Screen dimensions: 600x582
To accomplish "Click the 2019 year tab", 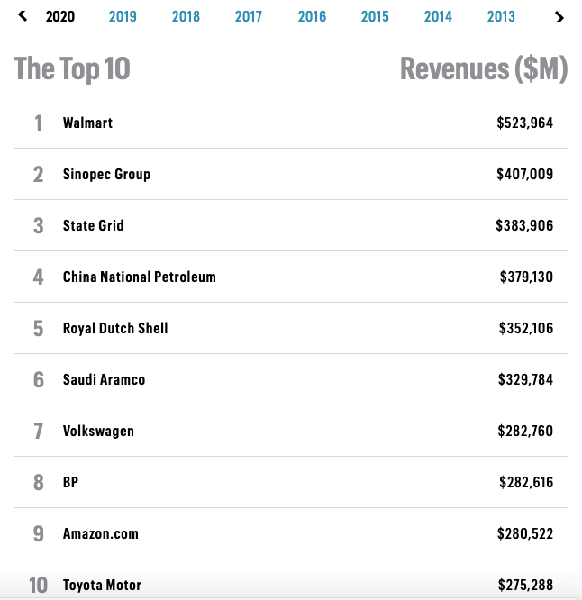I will coord(123,16).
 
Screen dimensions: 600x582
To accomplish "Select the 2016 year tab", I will coord(312,16).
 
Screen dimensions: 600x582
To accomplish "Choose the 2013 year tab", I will coord(501,16).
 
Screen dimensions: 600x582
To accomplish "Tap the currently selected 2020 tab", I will coord(60,16).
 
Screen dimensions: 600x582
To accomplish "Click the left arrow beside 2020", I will coord(23,16).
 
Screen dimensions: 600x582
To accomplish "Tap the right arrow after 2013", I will coord(559,17).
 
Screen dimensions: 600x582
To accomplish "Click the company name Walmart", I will coord(87,123).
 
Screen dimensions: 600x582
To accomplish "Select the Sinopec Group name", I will coord(106,174).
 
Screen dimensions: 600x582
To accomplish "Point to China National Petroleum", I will coord(140,277).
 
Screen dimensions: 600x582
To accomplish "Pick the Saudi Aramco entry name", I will coord(104,379).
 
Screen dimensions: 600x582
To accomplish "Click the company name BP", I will coord(70,482).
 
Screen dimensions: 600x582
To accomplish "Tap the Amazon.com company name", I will coord(101,533).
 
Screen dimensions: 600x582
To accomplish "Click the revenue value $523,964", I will coord(524,123).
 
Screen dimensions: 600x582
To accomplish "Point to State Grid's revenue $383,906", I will coord(524,225).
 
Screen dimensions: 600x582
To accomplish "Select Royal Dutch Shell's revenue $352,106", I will coord(526,328).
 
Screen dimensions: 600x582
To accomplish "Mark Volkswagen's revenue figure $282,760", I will coord(525,431).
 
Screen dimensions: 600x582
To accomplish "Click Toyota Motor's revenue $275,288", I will coord(525,585).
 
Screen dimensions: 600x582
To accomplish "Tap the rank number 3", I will coord(38,225).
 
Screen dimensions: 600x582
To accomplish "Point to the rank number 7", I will coord(38,431).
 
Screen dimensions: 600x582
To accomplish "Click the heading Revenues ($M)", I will coord(484,69).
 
